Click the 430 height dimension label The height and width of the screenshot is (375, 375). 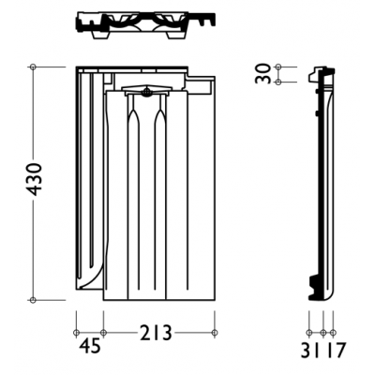pyautogui.click(x=35, y=179)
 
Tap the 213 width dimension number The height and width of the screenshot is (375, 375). pyautogui.click(x=157, y=333)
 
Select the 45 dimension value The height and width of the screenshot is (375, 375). pyautogui.click(x=90, y=346)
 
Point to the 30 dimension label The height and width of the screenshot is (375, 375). pyautogui.click(x=262, y=73)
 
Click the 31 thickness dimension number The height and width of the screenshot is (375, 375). pyautogui.click(x=310, y=351)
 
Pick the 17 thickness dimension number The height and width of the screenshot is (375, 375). pyautogui.click(x=336, y=351)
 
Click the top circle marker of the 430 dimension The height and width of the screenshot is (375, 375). pyautogui.click(x=33, y=67)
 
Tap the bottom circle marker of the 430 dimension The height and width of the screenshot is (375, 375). pyautogui.click(x=33, y=300)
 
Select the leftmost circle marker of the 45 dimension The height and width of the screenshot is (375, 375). pyautogui.click(x=76, y=333)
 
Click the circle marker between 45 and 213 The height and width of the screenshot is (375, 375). pyautogui.click(x=103, y=333)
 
